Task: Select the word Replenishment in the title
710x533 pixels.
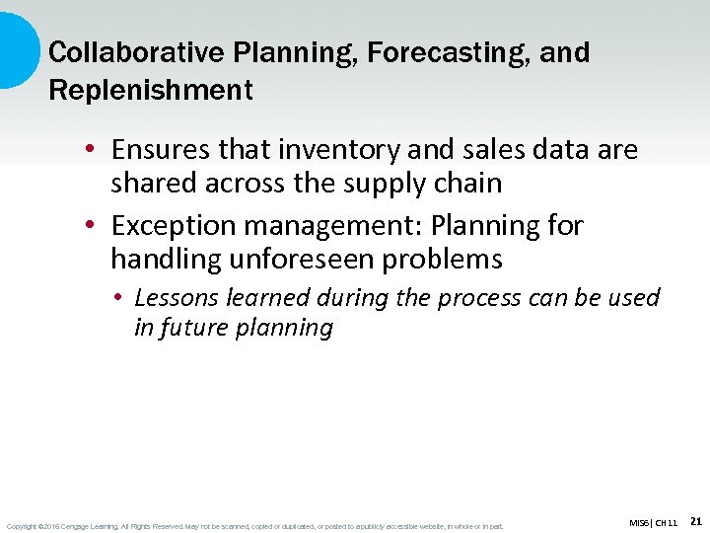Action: [150, 90]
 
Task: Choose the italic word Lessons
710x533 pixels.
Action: [175, 297]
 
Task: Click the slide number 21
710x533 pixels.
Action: [695, 520]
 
